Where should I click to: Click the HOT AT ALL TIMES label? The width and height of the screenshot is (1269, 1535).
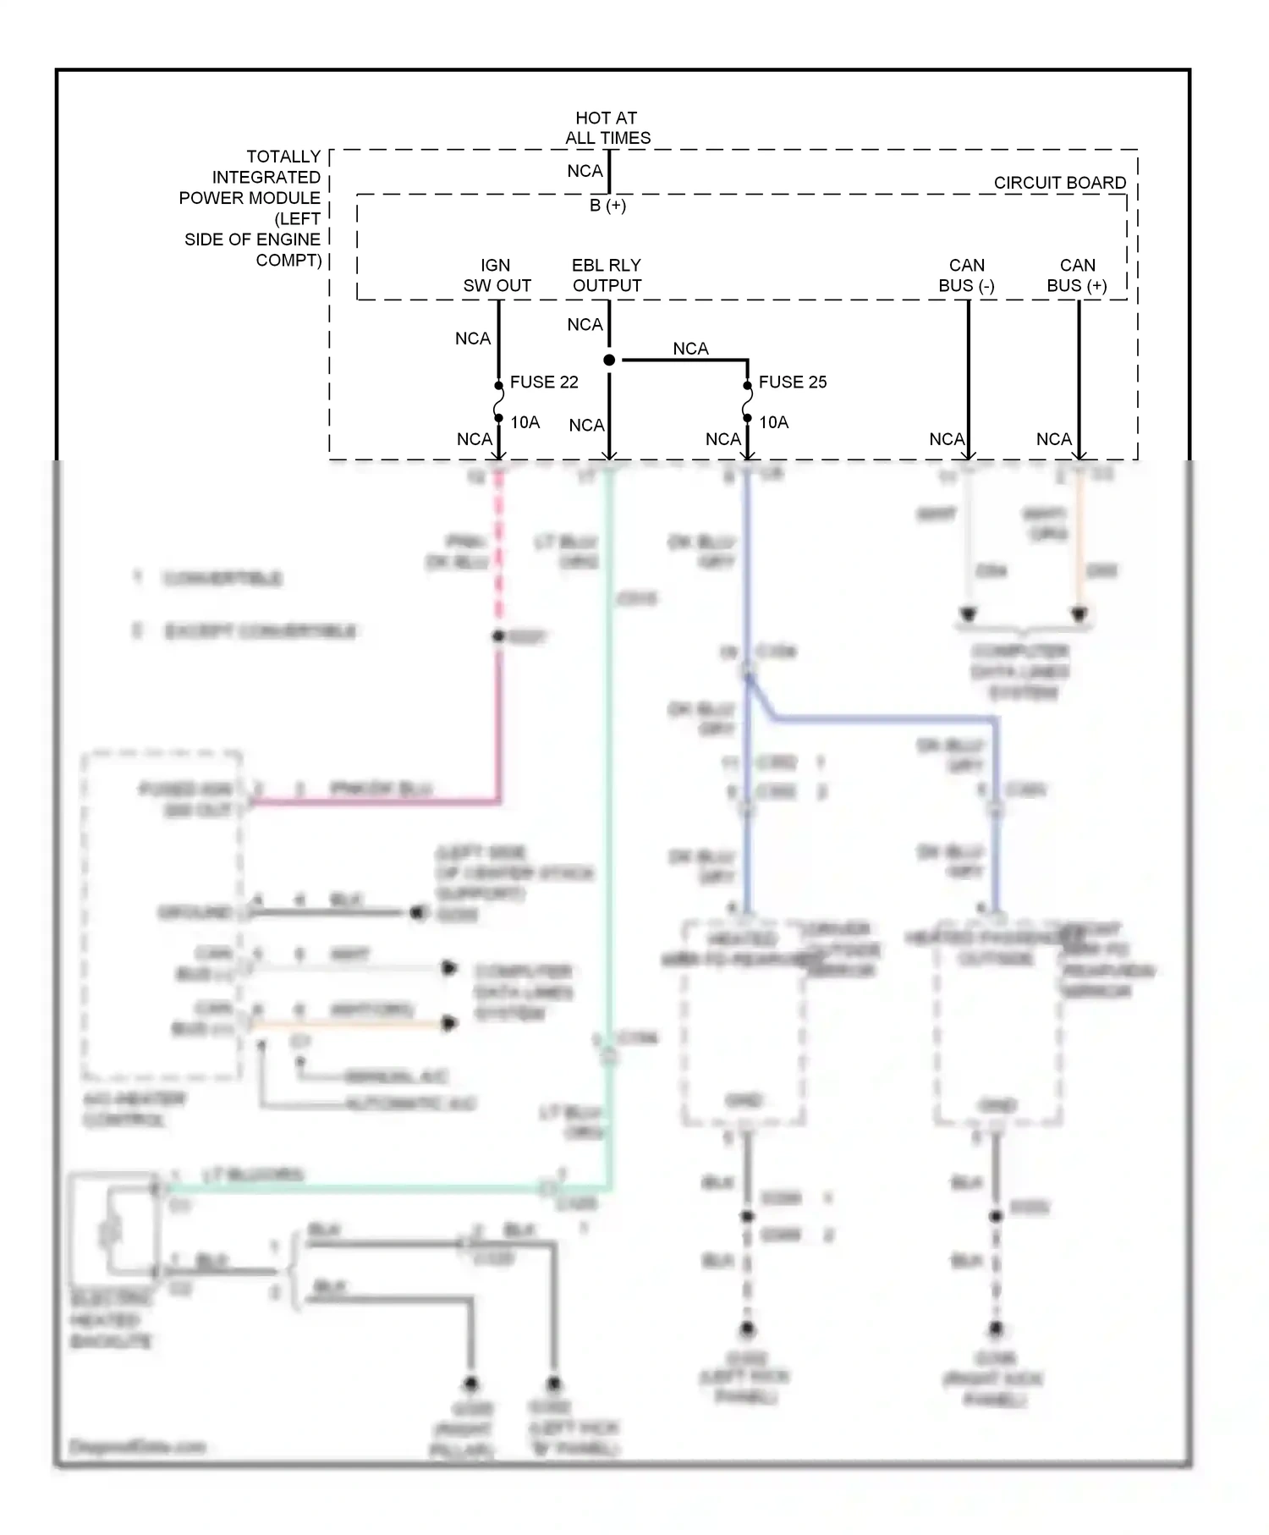[x=607, y=128]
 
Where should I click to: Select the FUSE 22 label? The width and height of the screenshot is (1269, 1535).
[x=544, y=382]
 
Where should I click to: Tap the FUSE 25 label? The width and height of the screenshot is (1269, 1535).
[x=792, y=382]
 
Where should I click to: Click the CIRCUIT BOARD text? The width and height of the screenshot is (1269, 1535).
[x=1059, y=183]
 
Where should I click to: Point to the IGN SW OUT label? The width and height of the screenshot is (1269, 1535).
[x=497, y=276]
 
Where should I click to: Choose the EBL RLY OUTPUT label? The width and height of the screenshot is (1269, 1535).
[x=607, y=276]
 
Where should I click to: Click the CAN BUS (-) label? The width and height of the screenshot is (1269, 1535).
[x=966, y=276]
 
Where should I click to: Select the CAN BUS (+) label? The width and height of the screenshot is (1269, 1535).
[x=1076, y=276]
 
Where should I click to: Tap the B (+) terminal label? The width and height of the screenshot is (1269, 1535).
[x=607, y=206]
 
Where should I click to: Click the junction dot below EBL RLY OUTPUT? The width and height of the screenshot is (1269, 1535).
[x=609, y=360]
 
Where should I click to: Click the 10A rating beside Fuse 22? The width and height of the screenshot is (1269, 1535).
[x=525, y=422]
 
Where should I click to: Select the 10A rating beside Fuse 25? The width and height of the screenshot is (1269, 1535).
[x=773, y=422]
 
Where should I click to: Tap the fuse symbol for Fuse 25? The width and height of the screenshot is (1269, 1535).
[x=747, y=401]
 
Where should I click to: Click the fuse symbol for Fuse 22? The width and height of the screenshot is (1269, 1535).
[x=498, y=401]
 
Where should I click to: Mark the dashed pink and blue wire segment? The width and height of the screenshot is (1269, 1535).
[x=498, y=550]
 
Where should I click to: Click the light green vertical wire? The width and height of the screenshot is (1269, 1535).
[x=608, y=762]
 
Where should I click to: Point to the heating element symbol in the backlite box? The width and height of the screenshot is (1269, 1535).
[x=111, y=1231]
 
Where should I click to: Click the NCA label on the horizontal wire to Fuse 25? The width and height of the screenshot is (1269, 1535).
[x=690, y=349]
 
